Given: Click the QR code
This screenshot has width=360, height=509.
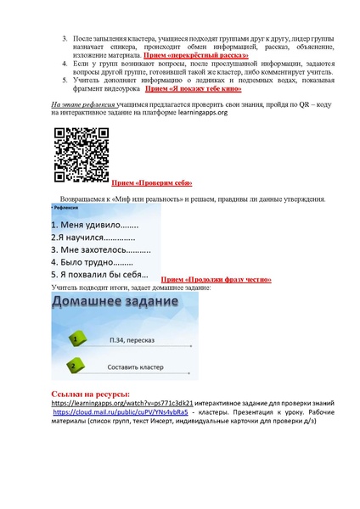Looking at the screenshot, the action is [x=81, y=154].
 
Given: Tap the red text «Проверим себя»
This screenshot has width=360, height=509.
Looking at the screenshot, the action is [x=151, y=182].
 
